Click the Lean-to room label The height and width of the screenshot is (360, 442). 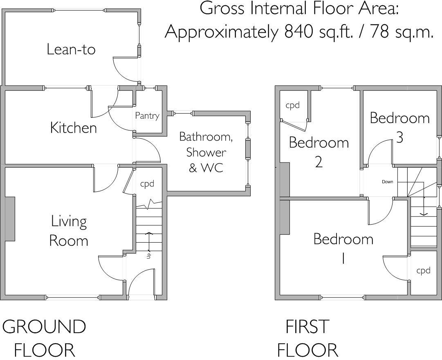71,49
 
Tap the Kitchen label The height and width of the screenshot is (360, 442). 73,128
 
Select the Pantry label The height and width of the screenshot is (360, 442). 147,116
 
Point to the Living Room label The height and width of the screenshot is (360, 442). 69,231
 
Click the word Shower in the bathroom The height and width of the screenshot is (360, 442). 206,152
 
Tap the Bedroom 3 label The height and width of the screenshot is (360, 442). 399,127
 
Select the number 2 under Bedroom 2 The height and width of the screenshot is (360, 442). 319,162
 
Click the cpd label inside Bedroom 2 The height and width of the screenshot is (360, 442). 292,105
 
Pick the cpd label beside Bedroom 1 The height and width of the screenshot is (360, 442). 423,270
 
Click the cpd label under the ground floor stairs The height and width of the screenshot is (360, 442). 147,184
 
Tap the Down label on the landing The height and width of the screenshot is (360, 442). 387,182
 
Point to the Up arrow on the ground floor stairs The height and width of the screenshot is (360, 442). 149,243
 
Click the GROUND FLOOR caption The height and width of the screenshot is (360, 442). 44,338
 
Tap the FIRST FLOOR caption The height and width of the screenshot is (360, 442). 307,338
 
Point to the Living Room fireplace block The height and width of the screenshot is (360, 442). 10,219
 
